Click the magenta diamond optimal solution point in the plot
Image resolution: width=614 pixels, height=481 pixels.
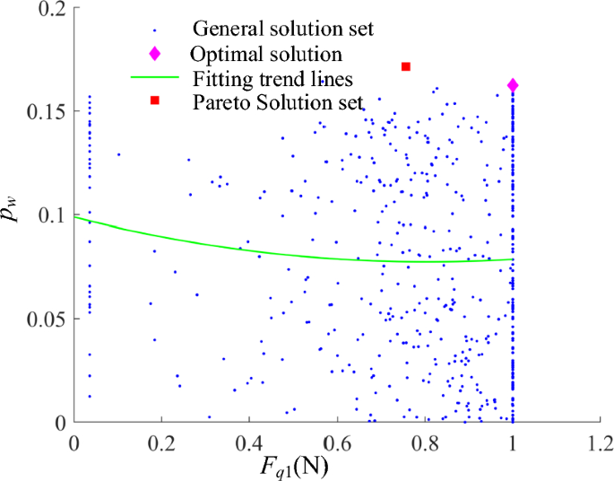[513, 85]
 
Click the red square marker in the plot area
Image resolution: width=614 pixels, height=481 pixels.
[406, 66]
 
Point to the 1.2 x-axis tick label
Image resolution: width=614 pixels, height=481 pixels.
[601, 442]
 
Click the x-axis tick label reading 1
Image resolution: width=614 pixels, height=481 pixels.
[513, 442]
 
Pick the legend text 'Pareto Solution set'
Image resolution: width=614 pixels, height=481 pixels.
[278, 101]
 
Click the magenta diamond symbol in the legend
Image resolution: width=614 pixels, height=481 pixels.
[154, 53]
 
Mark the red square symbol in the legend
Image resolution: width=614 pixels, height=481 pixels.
[154, 101]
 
